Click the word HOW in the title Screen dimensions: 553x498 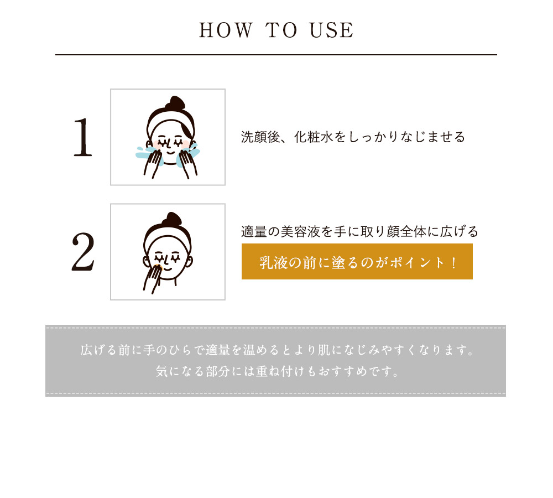(x=226, y=30)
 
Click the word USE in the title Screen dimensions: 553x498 (x=331, y=30)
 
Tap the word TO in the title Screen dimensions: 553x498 (x=281, y=30)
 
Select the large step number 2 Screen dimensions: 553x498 (x=84, y=251)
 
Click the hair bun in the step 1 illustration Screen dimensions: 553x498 (x=175, y=103)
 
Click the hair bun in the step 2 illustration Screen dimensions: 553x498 (x=172, y=219)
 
